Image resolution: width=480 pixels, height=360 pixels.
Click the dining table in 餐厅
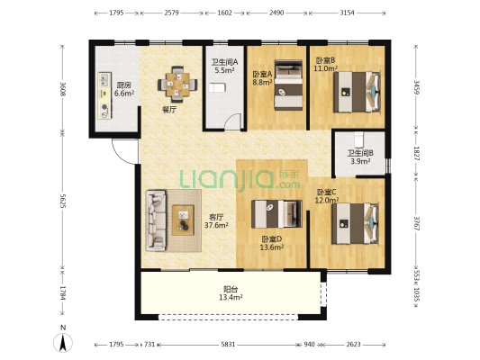pyautogui.click(x=177, y=84)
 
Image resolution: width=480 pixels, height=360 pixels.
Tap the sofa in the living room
pyautogui.click(x=156, y=220)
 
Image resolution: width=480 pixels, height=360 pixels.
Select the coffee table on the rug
pyautogui.click(x=183, y=220)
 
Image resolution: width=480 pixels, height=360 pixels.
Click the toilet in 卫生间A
pyautogui.click(x=218, y=87)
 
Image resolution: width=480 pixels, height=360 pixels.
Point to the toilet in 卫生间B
pyautogui.click(x=358, y=139)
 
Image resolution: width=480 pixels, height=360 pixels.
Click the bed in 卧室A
pyautogui.click(x=288, y=85)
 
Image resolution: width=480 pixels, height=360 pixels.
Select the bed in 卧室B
pyautogui.click(x=357, y=92)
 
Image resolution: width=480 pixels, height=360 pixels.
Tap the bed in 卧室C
pyautogui.click(x=356, y=223)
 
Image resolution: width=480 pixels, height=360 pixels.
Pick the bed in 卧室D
pyautogui.click(x=276, y=214)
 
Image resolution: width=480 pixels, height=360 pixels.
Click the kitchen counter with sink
pyautogui.click(x=104, y=95)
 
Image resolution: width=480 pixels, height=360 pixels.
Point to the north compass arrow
pyautogui.click(x=63, y=343)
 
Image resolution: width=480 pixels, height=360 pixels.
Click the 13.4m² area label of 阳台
pyautogui.click(x=231, y=297)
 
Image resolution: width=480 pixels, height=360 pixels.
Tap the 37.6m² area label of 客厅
pyautogui.click(x=216, y=225)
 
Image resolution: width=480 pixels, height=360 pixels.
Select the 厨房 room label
pyautogui.click(x=124, y=85)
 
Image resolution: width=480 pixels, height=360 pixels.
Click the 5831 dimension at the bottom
pyautogui.click(x=228, y=345)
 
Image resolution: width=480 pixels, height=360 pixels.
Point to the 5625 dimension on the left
pyautogui.click(x=63, y=201)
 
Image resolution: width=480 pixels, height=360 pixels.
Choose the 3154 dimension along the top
pyautogui.click(x=347, y=13)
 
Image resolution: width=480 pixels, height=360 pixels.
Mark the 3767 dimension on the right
pyautogui.click(x=416, y=224)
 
